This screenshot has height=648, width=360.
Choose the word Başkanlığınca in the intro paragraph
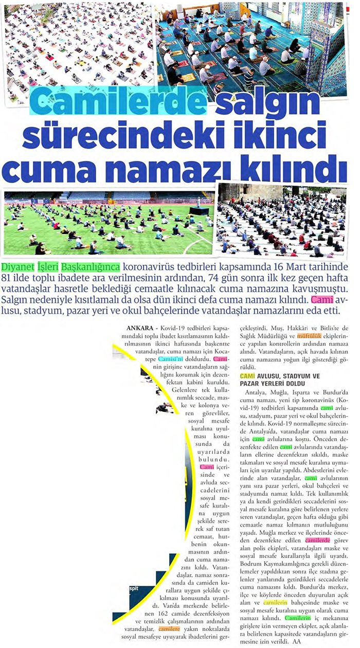pos(91,268)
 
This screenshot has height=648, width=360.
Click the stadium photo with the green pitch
pos(108,222)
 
